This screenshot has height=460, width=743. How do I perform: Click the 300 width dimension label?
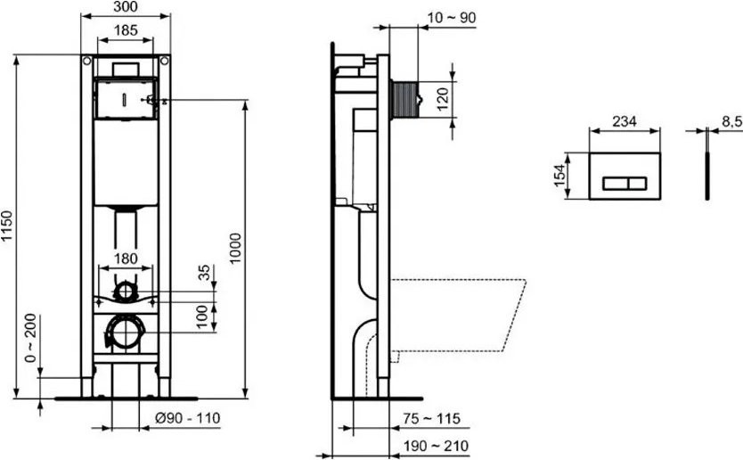tap(126, 7)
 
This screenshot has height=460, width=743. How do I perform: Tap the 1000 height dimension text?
tap(235, 242)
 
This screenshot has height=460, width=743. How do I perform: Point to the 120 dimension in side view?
tap(442, 99)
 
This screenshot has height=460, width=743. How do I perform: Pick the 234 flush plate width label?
tap(625, 122)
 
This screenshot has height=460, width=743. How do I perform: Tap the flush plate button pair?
tap(625, 185)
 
